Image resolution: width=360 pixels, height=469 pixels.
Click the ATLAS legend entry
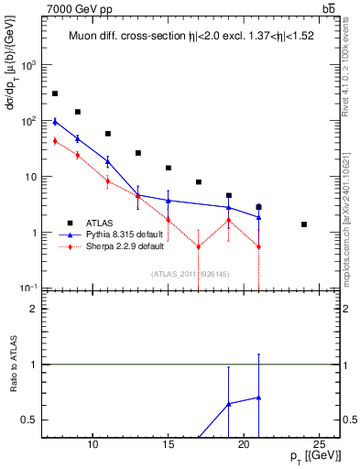(101, 223)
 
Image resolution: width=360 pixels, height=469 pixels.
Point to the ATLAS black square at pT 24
(304, 224)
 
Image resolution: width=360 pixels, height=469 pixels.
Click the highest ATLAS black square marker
(55, 93)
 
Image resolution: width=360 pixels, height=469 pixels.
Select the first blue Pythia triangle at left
(55, 121)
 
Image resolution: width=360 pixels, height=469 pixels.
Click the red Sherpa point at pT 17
(199, 246)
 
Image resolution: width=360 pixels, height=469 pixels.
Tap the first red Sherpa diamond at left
(55, 141)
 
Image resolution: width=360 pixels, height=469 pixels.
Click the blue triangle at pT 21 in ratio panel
(259, 398)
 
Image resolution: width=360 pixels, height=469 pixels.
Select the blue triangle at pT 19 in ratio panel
(229, 403)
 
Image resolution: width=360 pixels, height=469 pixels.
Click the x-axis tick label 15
(169, 445)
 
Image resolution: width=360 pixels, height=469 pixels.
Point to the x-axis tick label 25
(319, 445)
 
